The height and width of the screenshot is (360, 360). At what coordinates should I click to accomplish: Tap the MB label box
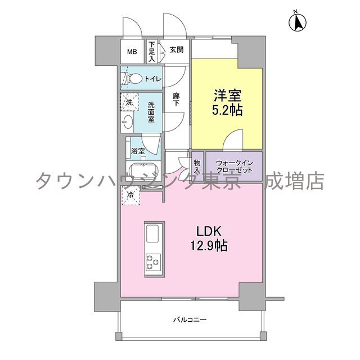(x=132, y=52)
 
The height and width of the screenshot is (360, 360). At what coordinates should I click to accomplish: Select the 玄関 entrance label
(x=176, y=49)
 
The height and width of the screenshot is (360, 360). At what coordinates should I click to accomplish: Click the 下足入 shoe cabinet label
(x=152, y=51)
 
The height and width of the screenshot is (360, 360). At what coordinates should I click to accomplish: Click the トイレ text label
(x=153, y=79)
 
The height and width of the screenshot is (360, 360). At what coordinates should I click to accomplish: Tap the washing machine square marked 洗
(x=129, y=102)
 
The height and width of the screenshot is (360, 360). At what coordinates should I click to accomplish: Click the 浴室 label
(x=138, y=151)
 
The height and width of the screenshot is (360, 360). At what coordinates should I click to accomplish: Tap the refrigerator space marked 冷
(x=130, y=196)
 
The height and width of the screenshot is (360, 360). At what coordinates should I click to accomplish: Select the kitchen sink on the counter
(x=154, y=232)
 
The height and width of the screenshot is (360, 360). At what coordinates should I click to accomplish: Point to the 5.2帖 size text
(x=227, y=110)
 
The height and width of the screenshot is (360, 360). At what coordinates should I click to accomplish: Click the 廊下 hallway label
(x=176, y=100)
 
